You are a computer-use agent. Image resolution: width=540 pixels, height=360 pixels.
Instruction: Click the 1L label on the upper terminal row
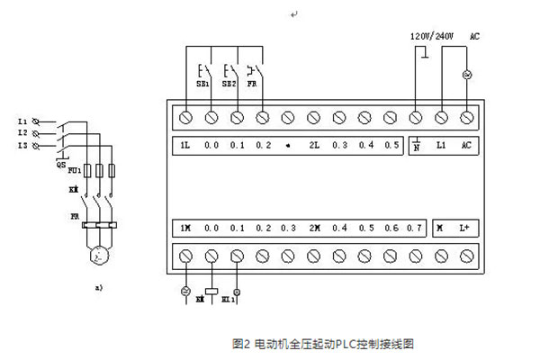[185, 145]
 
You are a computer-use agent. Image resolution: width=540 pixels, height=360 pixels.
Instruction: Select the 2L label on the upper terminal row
[314, 145]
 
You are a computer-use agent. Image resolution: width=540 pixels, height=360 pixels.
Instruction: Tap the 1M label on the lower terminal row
[185, 229]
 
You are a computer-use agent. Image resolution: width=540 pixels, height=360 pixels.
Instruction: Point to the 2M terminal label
[314, 229]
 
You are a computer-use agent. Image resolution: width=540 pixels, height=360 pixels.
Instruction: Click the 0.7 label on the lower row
[415, 229]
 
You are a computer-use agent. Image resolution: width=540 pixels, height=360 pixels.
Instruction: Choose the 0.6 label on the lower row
[391, 229]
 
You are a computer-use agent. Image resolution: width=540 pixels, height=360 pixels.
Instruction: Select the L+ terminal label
[466, 229]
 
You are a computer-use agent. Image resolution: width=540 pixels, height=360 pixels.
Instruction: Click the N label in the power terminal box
[417, 146]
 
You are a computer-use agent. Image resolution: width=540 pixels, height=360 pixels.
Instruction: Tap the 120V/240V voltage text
[432, 36]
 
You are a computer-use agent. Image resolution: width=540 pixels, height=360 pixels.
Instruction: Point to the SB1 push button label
[202, 84]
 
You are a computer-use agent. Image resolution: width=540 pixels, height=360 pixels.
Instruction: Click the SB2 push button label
[229, 84]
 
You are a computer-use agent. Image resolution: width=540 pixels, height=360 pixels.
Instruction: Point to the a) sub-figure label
[98, 288]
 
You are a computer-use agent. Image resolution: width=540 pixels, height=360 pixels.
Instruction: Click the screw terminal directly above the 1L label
[186, 117]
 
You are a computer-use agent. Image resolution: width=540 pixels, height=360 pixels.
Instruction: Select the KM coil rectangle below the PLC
[211, 290]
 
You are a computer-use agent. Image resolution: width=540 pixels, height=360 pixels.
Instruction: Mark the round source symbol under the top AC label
[467, 74]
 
